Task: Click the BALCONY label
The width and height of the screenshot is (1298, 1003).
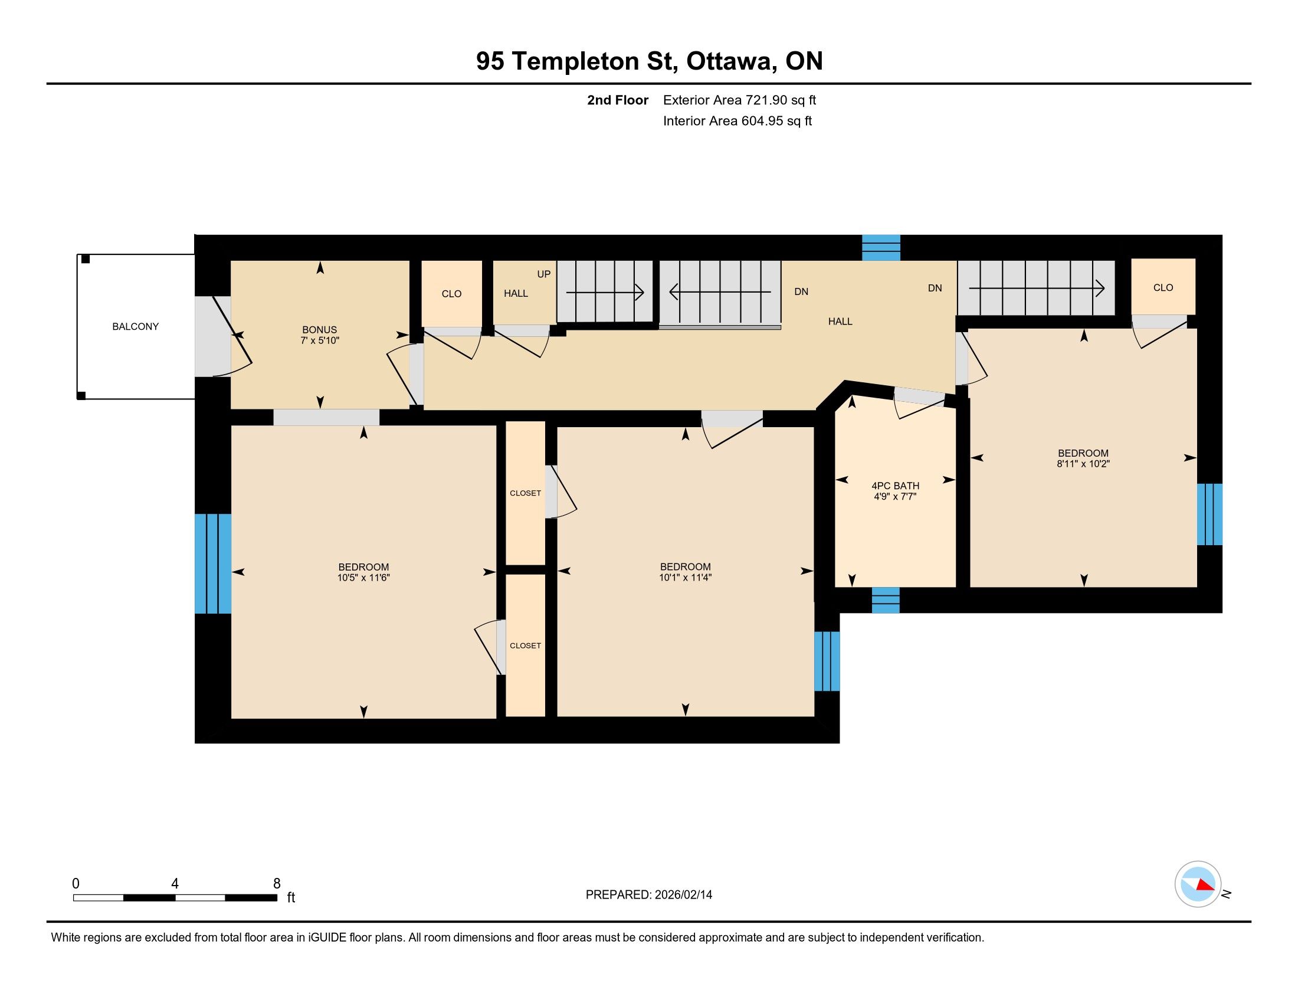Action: (x=136, y=326)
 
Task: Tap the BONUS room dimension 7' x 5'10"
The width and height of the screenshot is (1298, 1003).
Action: (x=320, y=340)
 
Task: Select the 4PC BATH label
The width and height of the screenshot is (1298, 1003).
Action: (x=895, y=486)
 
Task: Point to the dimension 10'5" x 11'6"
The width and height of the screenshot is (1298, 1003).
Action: (x=363, y=577)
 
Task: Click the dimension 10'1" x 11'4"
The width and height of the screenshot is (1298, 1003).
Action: (x=685, y=577)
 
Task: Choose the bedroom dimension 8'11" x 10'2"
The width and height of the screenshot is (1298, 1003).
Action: (x=1083, y=464)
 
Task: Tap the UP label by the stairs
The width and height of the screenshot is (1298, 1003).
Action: (x=544, y=274)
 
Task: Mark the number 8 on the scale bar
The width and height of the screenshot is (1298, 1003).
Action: (x=276, y=884)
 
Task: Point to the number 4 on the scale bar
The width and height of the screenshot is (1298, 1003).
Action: (x=175, y=884)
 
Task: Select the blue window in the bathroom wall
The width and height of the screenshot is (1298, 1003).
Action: (x=886, y=599)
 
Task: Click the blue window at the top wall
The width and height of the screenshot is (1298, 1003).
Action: (x=881, y=247)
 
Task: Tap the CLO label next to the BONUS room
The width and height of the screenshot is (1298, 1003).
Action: (x=452, y=294)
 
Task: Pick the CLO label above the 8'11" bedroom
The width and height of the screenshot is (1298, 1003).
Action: (x=1163, y=287)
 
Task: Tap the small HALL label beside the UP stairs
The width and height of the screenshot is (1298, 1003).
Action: (x=516, y=293)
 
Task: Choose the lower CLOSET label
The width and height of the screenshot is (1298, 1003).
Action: (x=525, y=645)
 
